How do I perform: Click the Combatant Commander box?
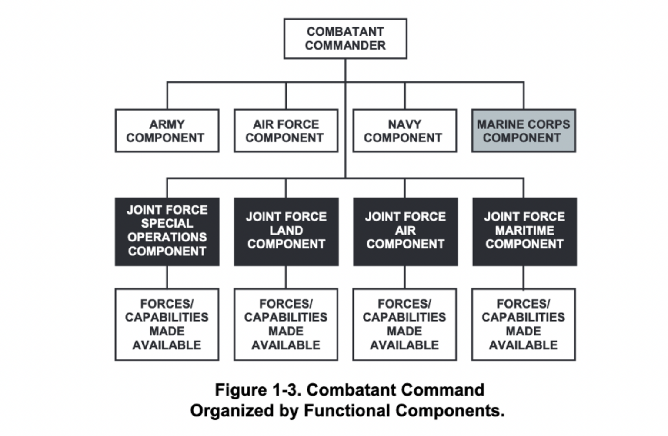[x=345, y=39]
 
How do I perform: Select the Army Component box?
[x=167, y=131]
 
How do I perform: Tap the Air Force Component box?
[x=286, y=131]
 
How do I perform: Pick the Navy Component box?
[x=404, y=131]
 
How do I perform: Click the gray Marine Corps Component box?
[x=524, y=131]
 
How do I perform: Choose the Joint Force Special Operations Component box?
[x=167, y=231]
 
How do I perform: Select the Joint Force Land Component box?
[x=286, y=231]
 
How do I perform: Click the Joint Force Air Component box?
[x=405, y=231]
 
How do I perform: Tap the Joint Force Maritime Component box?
[x=524, y=231]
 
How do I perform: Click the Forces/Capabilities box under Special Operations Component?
[x=167, y=324]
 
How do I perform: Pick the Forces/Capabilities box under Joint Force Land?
[x=286, y=324]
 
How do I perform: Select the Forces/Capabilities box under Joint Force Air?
[x=404, y=324]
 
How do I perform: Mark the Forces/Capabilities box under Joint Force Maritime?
[x=524, y=324]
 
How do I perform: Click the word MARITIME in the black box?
[x=524, y=230]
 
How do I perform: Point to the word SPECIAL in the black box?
[x=167, y=223]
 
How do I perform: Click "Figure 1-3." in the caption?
[x=257, y=389]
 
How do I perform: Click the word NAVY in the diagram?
[x=404, y=124]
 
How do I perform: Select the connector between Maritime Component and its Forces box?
[x=524, y=277]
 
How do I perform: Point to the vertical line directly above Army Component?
[x=167, y=96]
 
